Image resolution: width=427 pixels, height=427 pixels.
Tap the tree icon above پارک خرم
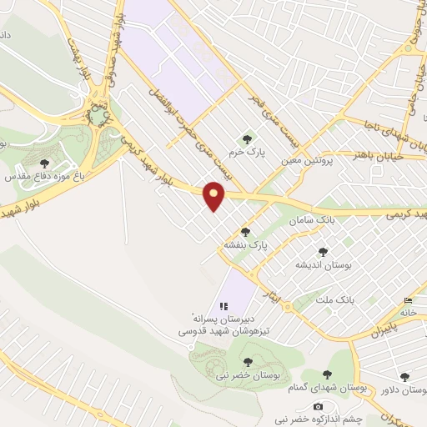246,139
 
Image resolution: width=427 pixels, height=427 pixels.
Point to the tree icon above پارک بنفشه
245,232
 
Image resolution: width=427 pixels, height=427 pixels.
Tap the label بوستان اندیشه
323,264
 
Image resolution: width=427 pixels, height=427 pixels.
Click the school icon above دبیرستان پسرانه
223,306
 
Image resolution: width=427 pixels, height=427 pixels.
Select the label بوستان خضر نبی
248,375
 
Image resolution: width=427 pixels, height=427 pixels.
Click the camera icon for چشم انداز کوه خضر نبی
317,406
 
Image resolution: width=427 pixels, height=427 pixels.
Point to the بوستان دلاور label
404,389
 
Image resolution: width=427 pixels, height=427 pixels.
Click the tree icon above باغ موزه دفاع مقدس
44,163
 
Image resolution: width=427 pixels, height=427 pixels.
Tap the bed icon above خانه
407,300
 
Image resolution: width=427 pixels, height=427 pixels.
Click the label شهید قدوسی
203,331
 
